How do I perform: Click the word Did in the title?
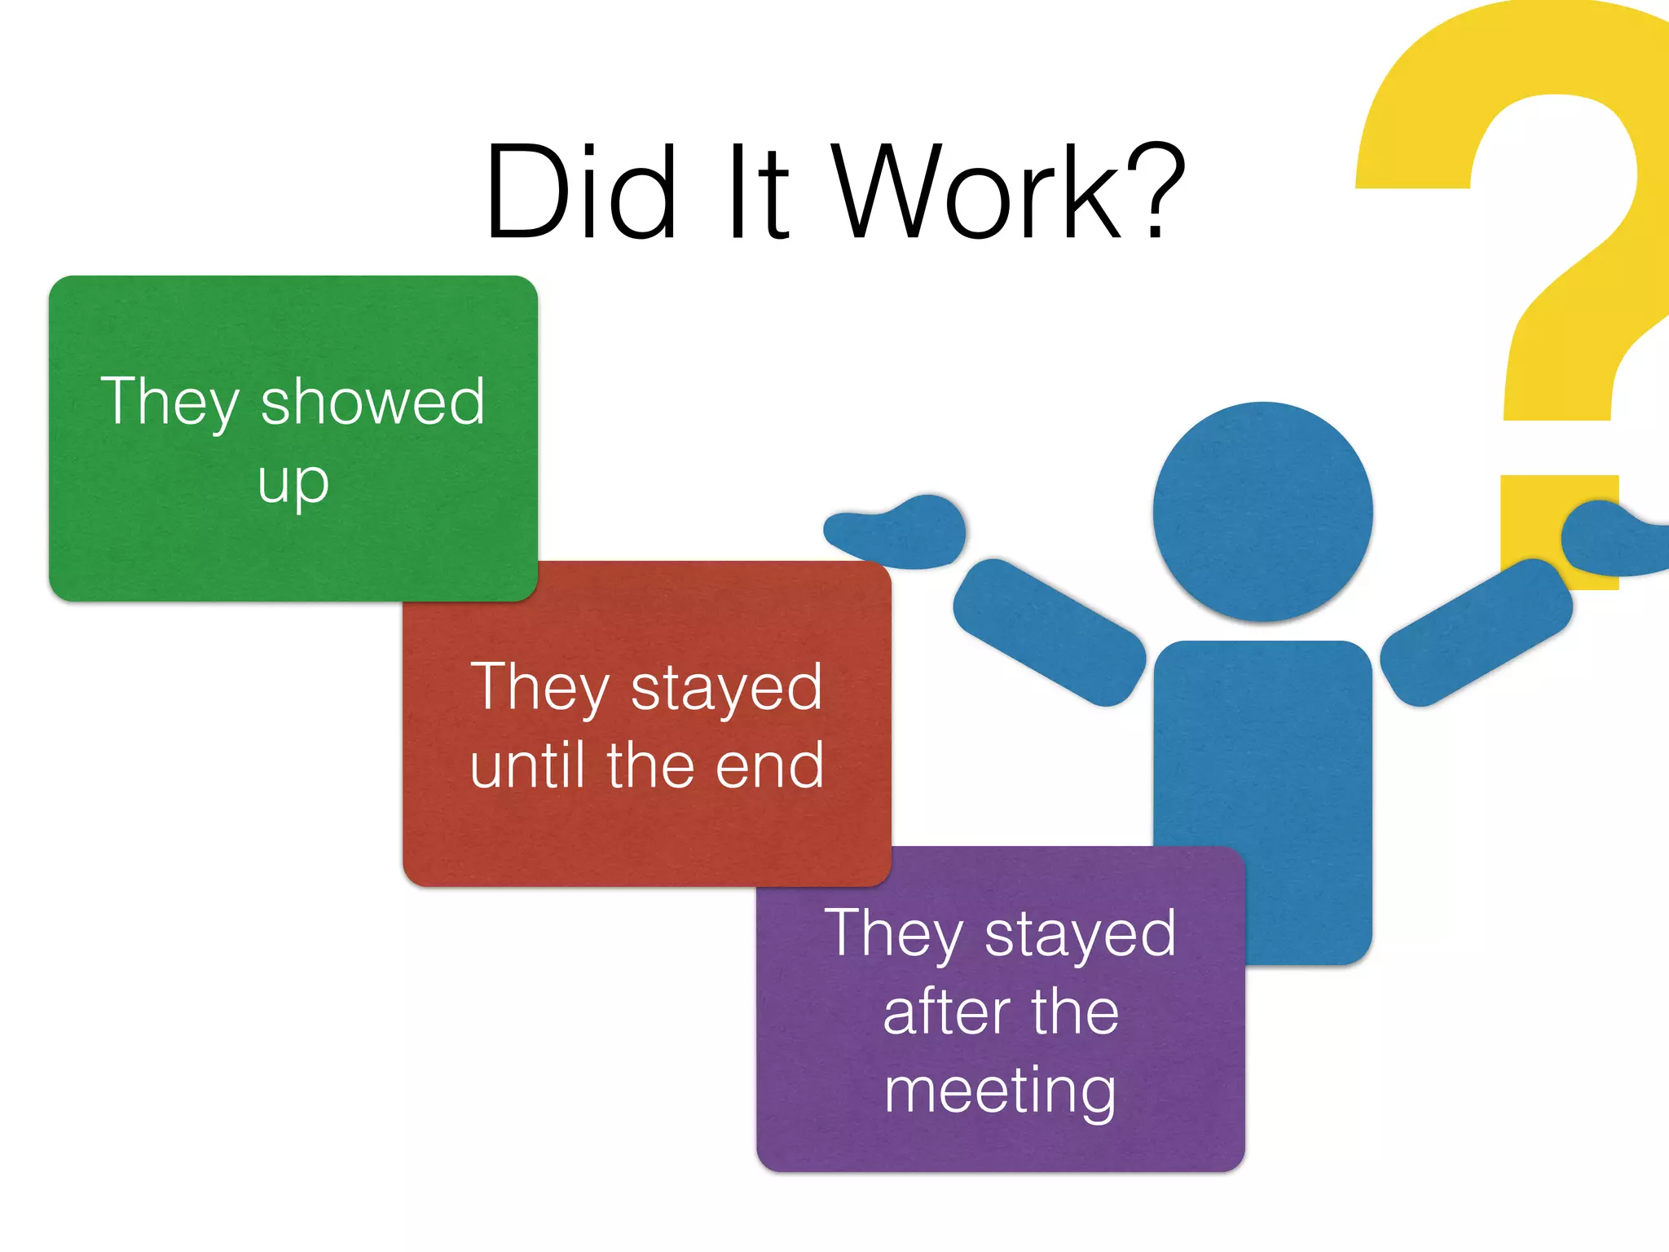(581, 192)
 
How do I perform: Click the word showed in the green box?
(372, 402)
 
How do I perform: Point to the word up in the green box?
(293, 483)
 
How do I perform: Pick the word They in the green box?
(170, 402)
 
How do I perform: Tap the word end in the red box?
(770, 766)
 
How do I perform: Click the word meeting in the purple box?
(1000, 1091)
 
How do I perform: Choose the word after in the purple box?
(946, 1012)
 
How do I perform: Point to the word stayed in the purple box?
(1080, 934)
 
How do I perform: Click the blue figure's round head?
(1262, 512)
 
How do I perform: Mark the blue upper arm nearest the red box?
(1049, 632)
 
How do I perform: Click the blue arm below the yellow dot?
(1476, 632)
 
